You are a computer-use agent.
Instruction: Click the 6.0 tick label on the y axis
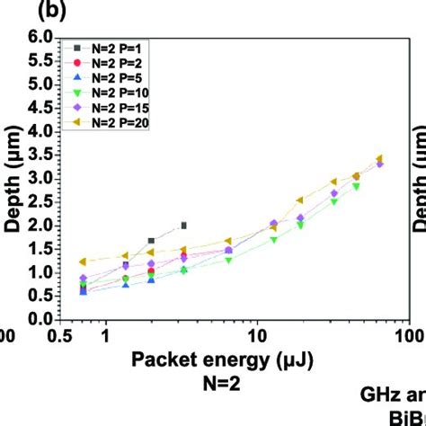coord(39,38)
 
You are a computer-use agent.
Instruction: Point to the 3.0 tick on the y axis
coord(39,178)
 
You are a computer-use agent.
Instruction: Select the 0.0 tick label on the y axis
coord(39,319)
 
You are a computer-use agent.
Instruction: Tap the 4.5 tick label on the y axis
coord(39,108)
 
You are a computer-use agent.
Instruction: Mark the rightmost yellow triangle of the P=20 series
coord(379,158)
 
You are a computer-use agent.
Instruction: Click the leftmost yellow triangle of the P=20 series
coord(84,262)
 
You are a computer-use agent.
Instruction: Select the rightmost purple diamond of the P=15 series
coord(379,164)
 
